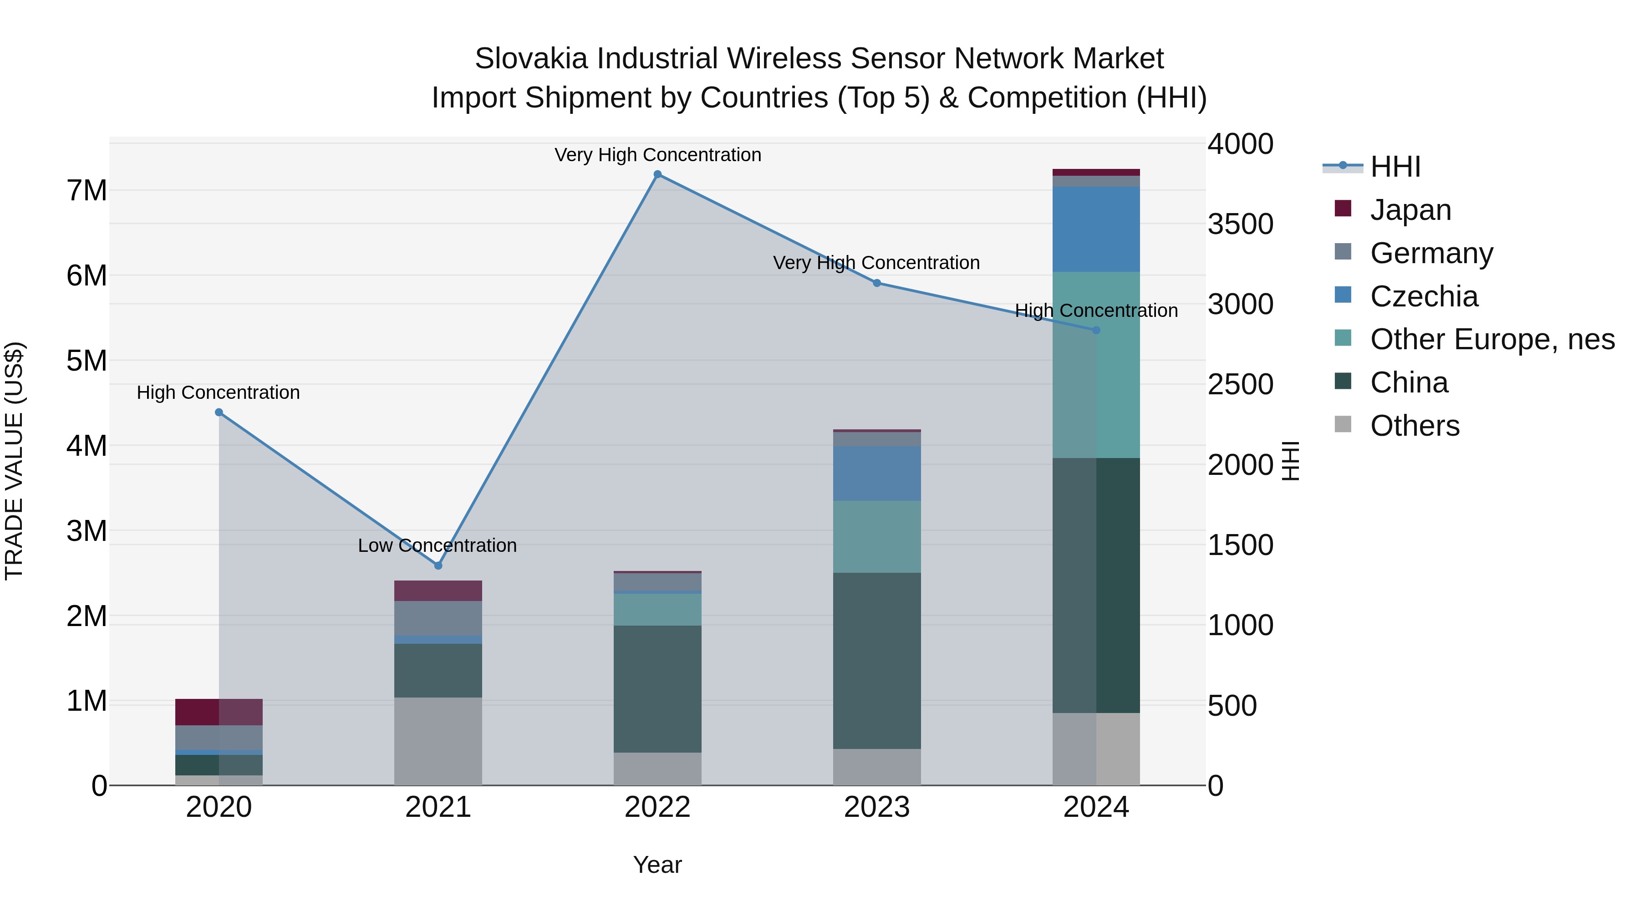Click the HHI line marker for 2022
657,174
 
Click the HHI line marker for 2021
438,565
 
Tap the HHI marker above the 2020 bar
219,413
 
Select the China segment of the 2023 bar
877,661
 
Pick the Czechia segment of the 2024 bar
1096,229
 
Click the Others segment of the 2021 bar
438,741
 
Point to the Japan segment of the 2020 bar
219,712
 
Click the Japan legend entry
1410,210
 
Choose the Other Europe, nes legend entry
1491,339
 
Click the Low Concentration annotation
437,545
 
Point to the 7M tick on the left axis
87,191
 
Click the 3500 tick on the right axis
1240,224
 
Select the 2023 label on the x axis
877,807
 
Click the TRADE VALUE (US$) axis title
14,461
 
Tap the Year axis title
657,865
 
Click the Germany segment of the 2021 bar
438,618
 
